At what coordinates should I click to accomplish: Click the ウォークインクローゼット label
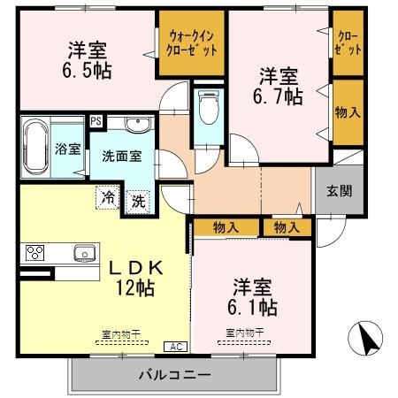click(x=190, y=42)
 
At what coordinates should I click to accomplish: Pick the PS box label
click(x=96, y=121)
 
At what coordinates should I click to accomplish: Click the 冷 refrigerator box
click(x=107, y=197)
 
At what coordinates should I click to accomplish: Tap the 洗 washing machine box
click(x=138, y=201)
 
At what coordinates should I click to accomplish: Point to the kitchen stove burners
click(x=36, y=253)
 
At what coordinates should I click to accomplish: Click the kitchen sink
click(x=84, y=253)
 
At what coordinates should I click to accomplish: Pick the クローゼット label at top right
click(x=348, y=42)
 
